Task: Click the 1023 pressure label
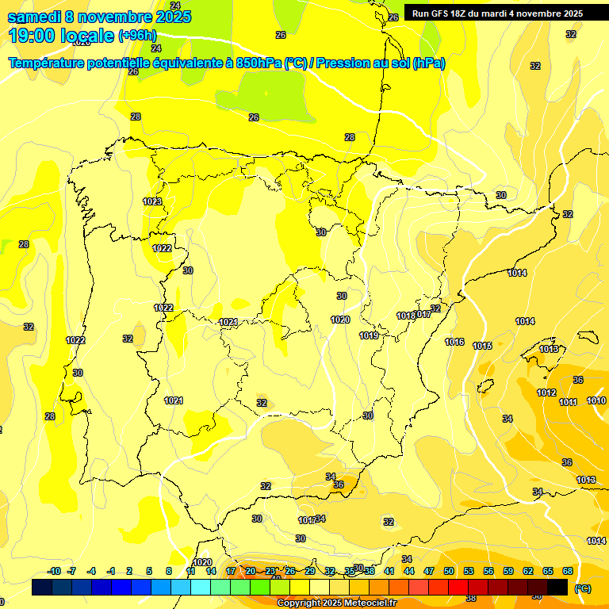(x=153, y=201)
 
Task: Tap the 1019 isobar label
(x=369, y=335)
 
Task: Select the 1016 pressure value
(x=454, y=342)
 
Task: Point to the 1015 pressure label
(x=482, y=346)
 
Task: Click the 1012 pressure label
(x=546, y=393)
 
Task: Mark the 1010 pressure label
(x=597, y=400)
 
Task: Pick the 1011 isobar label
(x=569, y=402)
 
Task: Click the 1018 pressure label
(x=405, y=316)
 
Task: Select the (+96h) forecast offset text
(x=137, y=36)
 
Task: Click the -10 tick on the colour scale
(x=54, y=571)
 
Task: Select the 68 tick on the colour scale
(x=568, y=571)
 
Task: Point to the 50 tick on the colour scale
(x=449, y=571)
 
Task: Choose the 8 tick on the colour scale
(x=169, y=571)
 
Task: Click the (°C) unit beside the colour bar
(x=582, y=588)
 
